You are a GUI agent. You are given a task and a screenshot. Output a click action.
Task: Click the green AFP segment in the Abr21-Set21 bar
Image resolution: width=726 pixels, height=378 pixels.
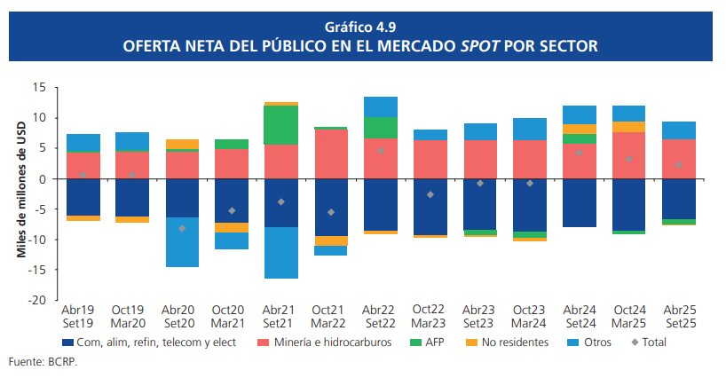tap(281, 125)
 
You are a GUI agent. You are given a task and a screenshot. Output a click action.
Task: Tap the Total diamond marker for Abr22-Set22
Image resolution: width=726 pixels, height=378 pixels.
tap(381, 151)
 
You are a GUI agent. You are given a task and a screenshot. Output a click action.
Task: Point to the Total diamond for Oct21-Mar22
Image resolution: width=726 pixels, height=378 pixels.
tap(331, 212)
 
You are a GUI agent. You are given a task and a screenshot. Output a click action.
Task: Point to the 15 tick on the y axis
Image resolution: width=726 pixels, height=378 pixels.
tap(39, 88)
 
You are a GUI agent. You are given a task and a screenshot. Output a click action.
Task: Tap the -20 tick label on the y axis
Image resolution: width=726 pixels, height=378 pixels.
tap(37, 300)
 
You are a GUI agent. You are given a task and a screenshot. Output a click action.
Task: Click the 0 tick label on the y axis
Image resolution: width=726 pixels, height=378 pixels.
tap(43, 179)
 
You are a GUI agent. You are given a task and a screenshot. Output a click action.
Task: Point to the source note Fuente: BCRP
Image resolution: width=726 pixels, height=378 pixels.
tap(36, 363)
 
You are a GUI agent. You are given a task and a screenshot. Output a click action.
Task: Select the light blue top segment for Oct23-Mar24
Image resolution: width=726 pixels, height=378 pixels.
tap(530, 129)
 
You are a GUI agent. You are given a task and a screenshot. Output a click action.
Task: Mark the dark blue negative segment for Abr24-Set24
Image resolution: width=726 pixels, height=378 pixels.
tap(580, 203)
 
